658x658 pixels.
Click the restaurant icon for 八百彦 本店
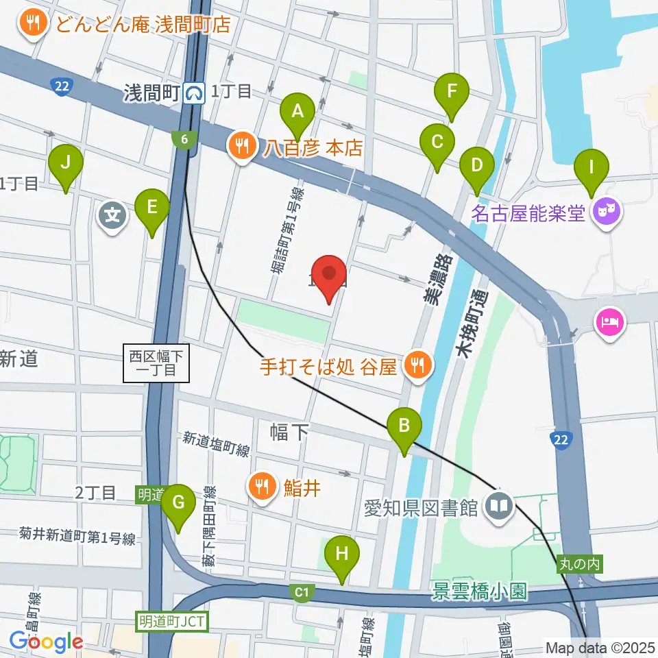(240, 146)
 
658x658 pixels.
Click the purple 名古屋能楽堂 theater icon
(607, 212)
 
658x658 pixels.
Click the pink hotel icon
(610, 321)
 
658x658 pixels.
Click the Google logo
(46, 642)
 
